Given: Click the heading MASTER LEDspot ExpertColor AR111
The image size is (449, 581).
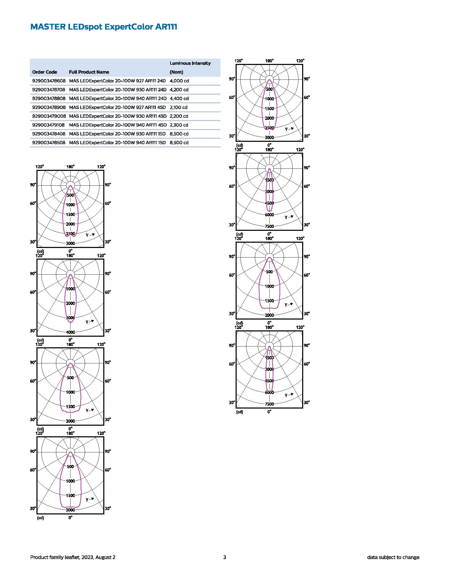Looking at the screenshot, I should [104, 27].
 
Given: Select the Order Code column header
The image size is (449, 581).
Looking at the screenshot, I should [44, 72].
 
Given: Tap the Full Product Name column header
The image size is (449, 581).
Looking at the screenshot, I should [89, 72].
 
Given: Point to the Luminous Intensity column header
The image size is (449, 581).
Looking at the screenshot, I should [190, 63].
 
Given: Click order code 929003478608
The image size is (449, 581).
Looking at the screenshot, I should [49, 81].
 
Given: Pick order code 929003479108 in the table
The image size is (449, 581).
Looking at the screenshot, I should [49, 125].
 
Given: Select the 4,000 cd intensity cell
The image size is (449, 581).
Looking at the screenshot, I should [179, 81].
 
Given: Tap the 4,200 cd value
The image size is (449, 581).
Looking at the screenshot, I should [179, 90].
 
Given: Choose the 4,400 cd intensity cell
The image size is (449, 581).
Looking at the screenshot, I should [179, 99].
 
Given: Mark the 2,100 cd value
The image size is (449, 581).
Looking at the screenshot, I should [178, 107].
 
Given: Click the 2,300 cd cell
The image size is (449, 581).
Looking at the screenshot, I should [179, 125].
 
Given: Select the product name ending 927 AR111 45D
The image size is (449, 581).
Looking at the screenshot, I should [117, 107].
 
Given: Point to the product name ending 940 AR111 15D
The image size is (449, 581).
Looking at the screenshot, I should [117, 143].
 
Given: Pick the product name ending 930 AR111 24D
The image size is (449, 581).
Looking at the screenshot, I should [118, 90].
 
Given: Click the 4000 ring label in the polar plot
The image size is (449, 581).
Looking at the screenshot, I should [71, 332].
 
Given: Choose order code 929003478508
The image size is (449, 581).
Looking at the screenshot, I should [49, 143].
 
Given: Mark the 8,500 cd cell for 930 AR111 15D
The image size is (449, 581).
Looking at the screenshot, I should [179, 134].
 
